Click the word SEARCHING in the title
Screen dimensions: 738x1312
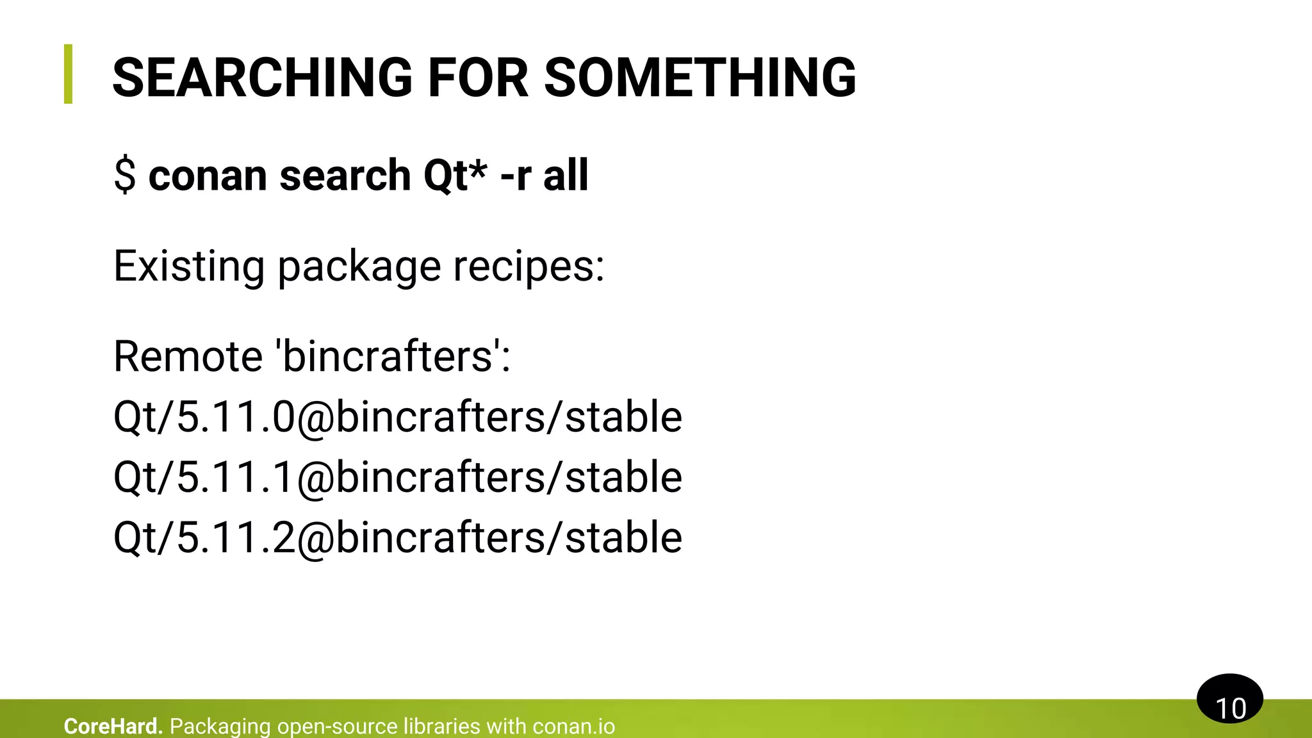(262, 78)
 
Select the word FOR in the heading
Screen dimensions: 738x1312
(478, 78)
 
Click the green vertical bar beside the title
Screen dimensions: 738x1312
(68, 74)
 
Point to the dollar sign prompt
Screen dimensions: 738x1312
(125, 176)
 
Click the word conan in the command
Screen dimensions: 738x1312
(208, 176)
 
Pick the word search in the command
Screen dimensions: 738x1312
(345, 176)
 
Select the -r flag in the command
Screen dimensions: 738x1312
(515, 176)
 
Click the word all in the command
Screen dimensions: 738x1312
(566, 176)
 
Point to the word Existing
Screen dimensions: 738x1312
(189, 266)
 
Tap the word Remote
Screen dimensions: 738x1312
(188, 356)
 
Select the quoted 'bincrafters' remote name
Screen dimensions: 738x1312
(387, 356)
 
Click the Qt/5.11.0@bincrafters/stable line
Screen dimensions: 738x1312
(397, 417)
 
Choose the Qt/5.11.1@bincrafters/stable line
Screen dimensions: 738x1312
(397, 477)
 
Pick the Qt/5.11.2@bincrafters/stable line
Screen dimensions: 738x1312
(397, 537)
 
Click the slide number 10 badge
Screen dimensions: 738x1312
(1229, 700)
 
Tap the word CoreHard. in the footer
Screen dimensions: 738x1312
(113, 726)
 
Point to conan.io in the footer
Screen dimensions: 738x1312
(573, 726)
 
